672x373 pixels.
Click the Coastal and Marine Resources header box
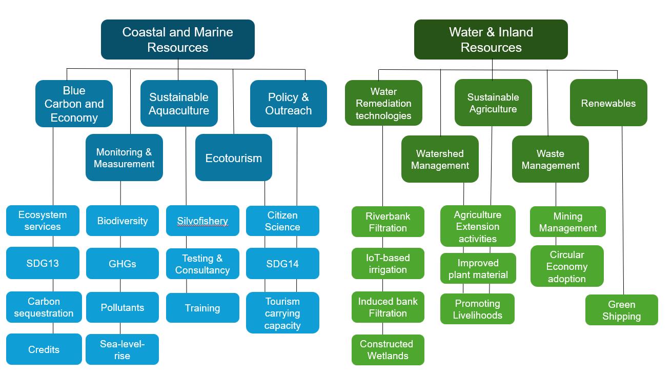click(178, 40)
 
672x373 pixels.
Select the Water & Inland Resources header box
click(491, 40)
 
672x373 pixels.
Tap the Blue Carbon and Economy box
click(74, 104)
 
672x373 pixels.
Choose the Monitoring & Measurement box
click(124, 158)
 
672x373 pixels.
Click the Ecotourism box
click(233, 158)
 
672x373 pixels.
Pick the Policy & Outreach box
click(288, 104)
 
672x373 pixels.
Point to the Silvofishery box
click(202, 221)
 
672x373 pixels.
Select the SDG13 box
click(43, 263)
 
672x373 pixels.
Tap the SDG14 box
click(282, 264)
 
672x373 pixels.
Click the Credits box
click(44, 349)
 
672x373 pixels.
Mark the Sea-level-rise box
click(122, 349)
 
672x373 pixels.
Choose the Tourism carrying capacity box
click(282, 312)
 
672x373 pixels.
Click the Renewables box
click(608, 103)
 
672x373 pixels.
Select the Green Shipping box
click(621, 310)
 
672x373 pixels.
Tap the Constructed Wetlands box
click(388, 349)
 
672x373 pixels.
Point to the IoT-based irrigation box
click(388, 263)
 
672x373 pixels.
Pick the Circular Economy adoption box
click(566, 266)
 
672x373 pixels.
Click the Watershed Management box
click(440, 159)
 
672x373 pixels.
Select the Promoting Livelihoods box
click(477, 309)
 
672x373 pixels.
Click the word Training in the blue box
click(202, 308)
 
